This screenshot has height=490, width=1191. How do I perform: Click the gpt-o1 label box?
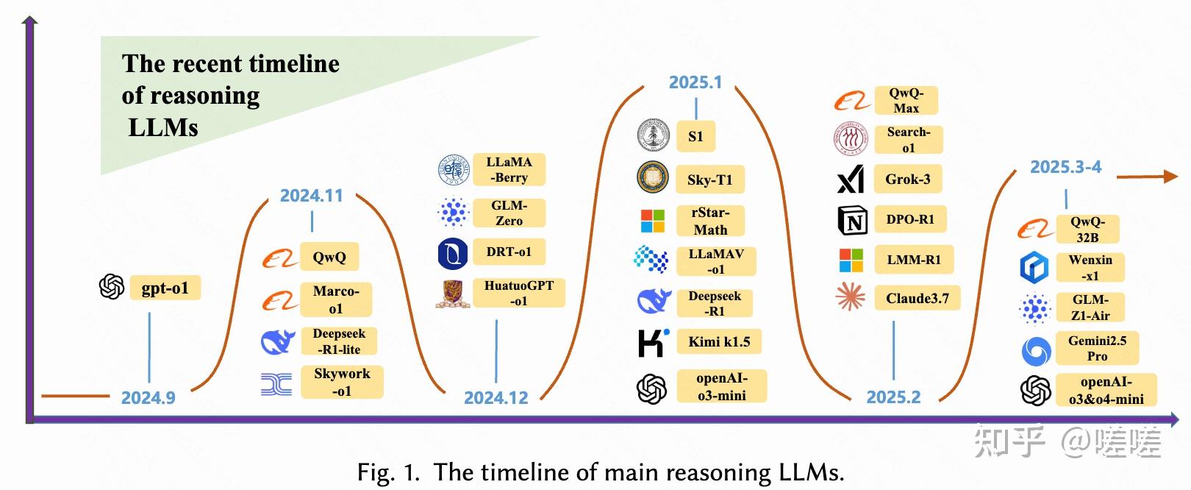pyautogui.click(x=165, y=288)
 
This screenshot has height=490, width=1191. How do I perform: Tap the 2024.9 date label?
pyautogui.click(x=148, y=398)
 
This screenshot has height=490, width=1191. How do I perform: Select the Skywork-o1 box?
pyautogui.click(x=342, y=382)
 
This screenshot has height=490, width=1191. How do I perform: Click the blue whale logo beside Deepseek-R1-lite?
pyautogui.click(x=278, y=341)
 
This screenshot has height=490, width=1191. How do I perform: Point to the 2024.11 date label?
pyautogui.click(x=311, y=196)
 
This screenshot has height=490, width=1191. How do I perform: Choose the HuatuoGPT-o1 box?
pyautogui.click(x=519, y=293)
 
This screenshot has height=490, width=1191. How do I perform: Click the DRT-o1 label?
pyautogui.click(x=509, y=252)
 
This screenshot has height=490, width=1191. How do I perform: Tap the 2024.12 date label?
pyautogui.click(x=496, y=398)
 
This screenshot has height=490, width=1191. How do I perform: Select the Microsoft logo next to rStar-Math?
pyautogui.click(x=652, y=221)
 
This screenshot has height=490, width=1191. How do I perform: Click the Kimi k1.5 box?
pyautogui.click(x=719, y=341)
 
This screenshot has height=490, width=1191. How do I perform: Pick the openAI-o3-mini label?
pyautogui.click(x=721, y=386)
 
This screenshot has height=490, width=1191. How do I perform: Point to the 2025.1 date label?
pyautogui.click(x=695, y=82)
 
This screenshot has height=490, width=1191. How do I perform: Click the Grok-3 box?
pyautogui.click(x=907, y=179)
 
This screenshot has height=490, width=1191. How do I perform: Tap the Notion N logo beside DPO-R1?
pyautogui.click(x=852, y=220)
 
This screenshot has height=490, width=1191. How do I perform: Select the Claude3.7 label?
pyautogui.click(x=917, y=298)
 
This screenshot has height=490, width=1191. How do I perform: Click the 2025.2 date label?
pyautogui.click(x=893, y=397)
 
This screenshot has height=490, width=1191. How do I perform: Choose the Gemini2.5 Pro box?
pyautogui.click(x=1097, y=348)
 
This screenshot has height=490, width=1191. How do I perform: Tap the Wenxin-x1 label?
pyautogui.click(x=1090, y=267)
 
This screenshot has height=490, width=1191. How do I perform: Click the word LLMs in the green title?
pyautogui.click(x=163, y=127)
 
